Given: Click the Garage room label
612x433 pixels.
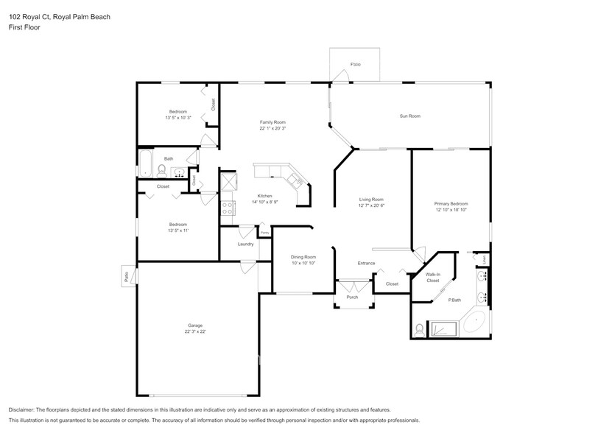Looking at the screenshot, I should (x=194, y=325).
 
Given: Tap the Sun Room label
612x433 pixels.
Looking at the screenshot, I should (x=409, y=116).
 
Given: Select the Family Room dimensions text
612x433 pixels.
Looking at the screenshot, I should (x=272, y=128).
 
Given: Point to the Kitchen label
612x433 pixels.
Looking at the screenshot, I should (x=265, y=195).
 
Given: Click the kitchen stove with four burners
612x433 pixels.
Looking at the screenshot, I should (x=228, y=207).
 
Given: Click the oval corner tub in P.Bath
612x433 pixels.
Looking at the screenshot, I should (x=475, y=323).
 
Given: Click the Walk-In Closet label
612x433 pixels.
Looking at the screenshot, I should (x=433, y=278).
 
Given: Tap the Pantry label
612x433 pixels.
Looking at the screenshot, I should (x=265, y=233).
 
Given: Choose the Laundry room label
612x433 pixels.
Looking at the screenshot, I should (x=245, y=244).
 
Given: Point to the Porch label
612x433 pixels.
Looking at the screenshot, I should (x=352, y=297).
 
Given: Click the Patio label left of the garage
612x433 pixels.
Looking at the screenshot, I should (x=126, y=276).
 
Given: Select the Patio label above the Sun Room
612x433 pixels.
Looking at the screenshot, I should (x=355, y=65).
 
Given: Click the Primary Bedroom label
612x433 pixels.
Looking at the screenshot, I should (x=451, y=204).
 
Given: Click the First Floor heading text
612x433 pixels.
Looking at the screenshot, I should (x=25, y=27).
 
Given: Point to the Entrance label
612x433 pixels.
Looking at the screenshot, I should (x=366, y=263).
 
